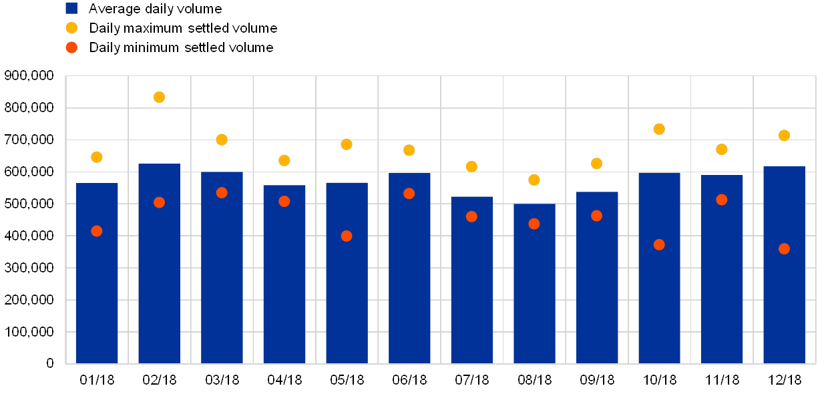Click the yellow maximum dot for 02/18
(159, 97)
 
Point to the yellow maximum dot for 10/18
(659, 129)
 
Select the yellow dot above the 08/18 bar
(534, 180)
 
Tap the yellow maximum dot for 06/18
(409, 150)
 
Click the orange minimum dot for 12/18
(784, 248)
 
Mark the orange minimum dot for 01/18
(97, 231)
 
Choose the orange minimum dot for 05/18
(347, 236)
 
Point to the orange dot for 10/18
(659, 244)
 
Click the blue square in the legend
(71, 9)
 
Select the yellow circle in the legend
(71, 28)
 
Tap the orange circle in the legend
(71, 47)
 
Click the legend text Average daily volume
(156, 9)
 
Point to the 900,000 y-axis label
(29, 76)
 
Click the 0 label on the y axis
(49, 363)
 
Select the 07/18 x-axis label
(471, 380)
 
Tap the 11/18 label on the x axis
(721, 380)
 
